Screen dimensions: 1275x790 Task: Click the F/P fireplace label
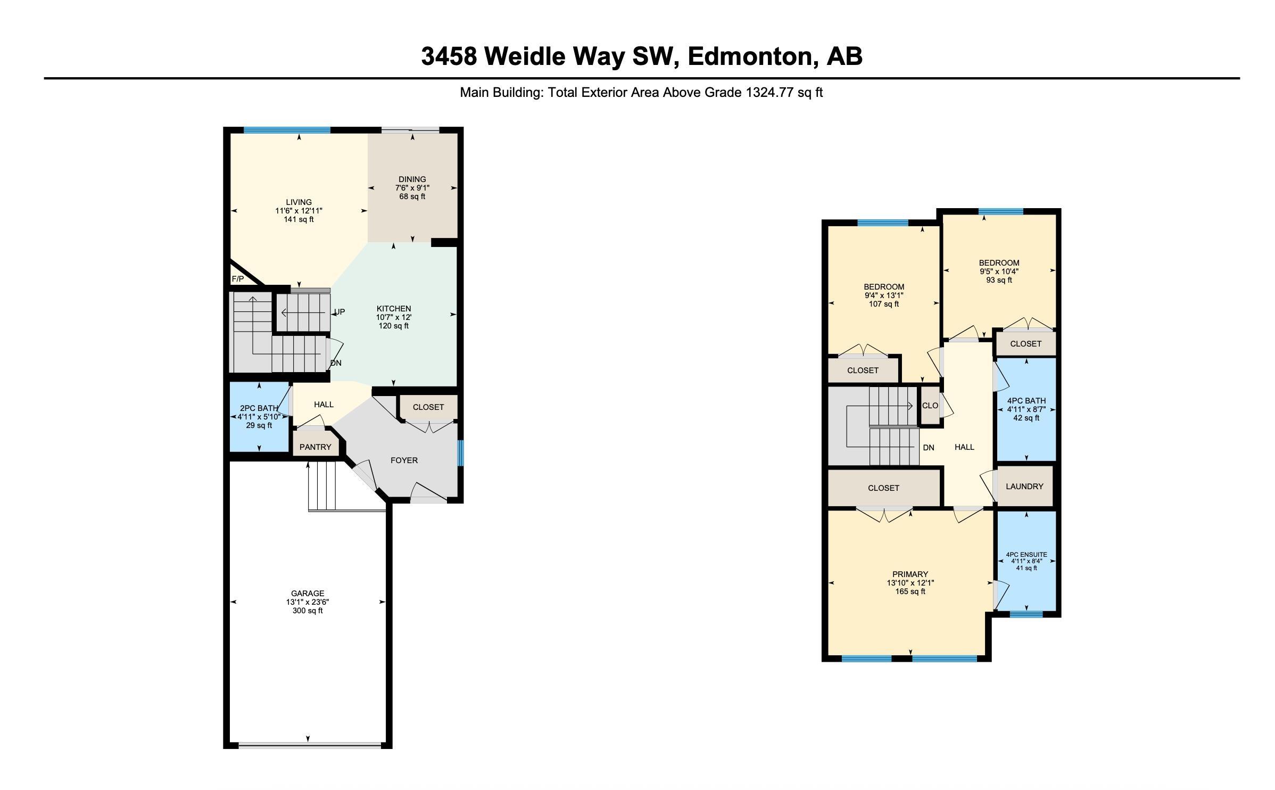tap(237, 279)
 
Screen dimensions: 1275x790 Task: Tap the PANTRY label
tap(315, 447)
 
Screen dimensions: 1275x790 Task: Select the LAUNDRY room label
tap(1024, 486)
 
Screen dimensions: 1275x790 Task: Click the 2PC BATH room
tap(259, 417)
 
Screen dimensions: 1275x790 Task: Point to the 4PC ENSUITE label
tap(1026, 554)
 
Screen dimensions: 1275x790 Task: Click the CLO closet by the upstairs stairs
tap(930, 406)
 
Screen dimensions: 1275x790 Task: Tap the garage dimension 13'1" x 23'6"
tap(308, 602)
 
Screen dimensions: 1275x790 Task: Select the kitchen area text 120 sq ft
tap(394, 326)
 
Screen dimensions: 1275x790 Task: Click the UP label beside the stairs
tap(339, 312)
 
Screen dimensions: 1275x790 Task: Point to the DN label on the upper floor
tap(928, 448)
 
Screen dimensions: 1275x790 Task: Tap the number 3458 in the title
tap(449, 56)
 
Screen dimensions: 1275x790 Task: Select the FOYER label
tap(404, 460)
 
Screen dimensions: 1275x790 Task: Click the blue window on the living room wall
tap(287, 130)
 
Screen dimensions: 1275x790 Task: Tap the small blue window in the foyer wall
tap(460, 452)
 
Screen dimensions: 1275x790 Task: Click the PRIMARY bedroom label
tap(910, 574)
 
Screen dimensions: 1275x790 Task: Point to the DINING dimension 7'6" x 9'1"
tap(412, 188)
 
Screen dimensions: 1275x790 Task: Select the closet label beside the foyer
tap(428, 407)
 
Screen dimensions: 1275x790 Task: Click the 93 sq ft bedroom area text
tap(999, 280)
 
